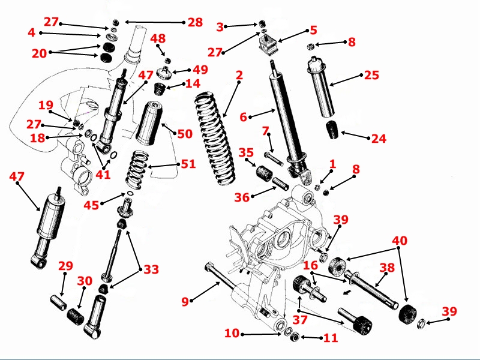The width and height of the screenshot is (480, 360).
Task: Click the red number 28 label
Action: (195, 22)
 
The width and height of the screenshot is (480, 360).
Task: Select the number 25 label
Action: (371, 75)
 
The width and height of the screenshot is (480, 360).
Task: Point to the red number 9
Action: (185, 302)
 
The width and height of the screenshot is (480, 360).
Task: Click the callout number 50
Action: (184, 133)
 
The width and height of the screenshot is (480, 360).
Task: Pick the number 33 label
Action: (151, 269)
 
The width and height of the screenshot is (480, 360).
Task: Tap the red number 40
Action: (400, 241)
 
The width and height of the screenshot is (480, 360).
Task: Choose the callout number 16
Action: (310, 265)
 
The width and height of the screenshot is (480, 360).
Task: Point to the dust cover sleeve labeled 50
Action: (149, 123)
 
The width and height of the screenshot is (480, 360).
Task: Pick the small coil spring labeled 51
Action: (137, 169)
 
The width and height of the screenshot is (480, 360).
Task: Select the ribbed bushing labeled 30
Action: (76, 314)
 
